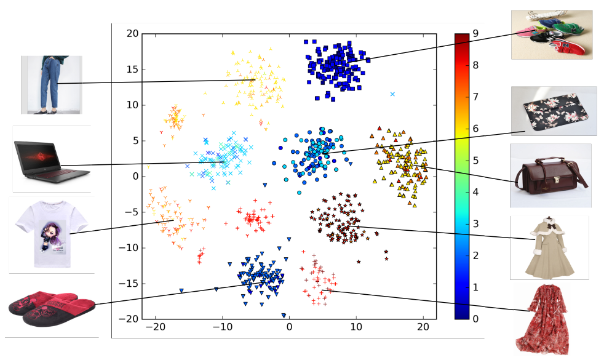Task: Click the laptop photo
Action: (51, 159)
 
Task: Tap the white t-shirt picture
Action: (51, 234)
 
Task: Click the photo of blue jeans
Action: (51, 85)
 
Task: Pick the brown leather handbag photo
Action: (550, 175)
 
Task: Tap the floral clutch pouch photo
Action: (554, 111)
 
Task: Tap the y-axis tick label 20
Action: (131, 33)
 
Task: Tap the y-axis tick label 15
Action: (131, 69)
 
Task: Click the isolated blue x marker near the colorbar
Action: (392, 94)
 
